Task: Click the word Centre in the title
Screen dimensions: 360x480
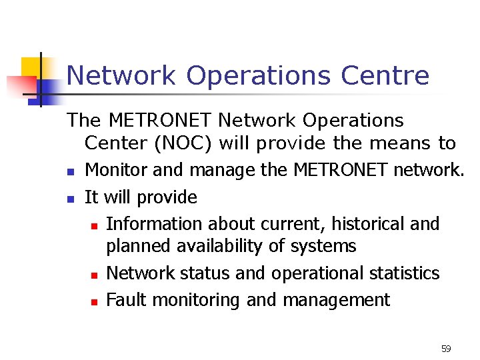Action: point(385,75)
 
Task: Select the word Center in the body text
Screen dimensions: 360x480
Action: point(115,143)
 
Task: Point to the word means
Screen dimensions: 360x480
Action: point(393,143)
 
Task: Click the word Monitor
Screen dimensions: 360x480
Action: point(117,171)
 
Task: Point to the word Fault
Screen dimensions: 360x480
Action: point(127,300)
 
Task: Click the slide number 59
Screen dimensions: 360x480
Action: point(446,349)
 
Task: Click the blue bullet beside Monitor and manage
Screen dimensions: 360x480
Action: point(70,172)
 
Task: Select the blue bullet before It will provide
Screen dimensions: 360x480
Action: point(70,199)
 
